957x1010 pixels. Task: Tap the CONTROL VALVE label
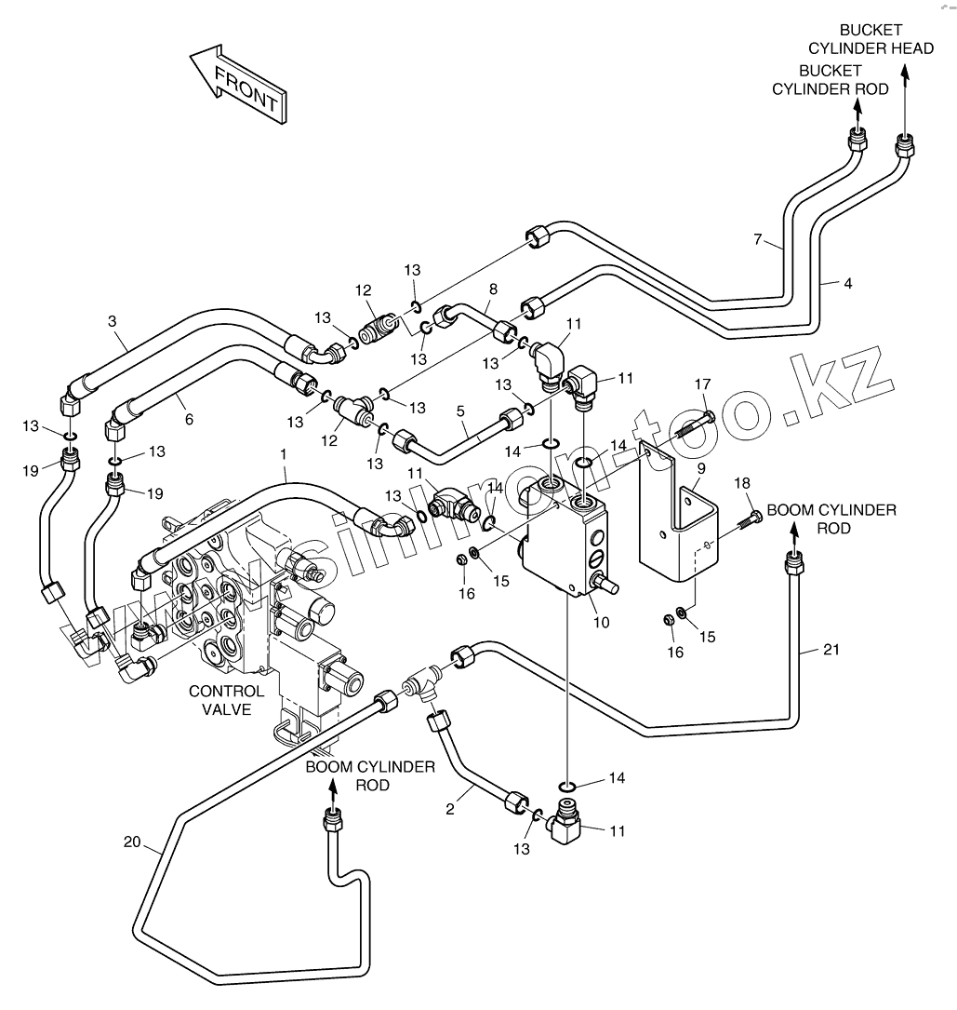tap(226, 701)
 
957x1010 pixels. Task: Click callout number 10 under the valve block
tap(602, 622)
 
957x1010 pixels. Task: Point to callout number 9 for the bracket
tap(700, 468)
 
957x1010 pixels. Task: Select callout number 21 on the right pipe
tap(831, 650)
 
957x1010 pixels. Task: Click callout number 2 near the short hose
tap(450, 809)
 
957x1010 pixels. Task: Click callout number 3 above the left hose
tap(112, 321)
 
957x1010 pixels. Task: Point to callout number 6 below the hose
tap(189, 420)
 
